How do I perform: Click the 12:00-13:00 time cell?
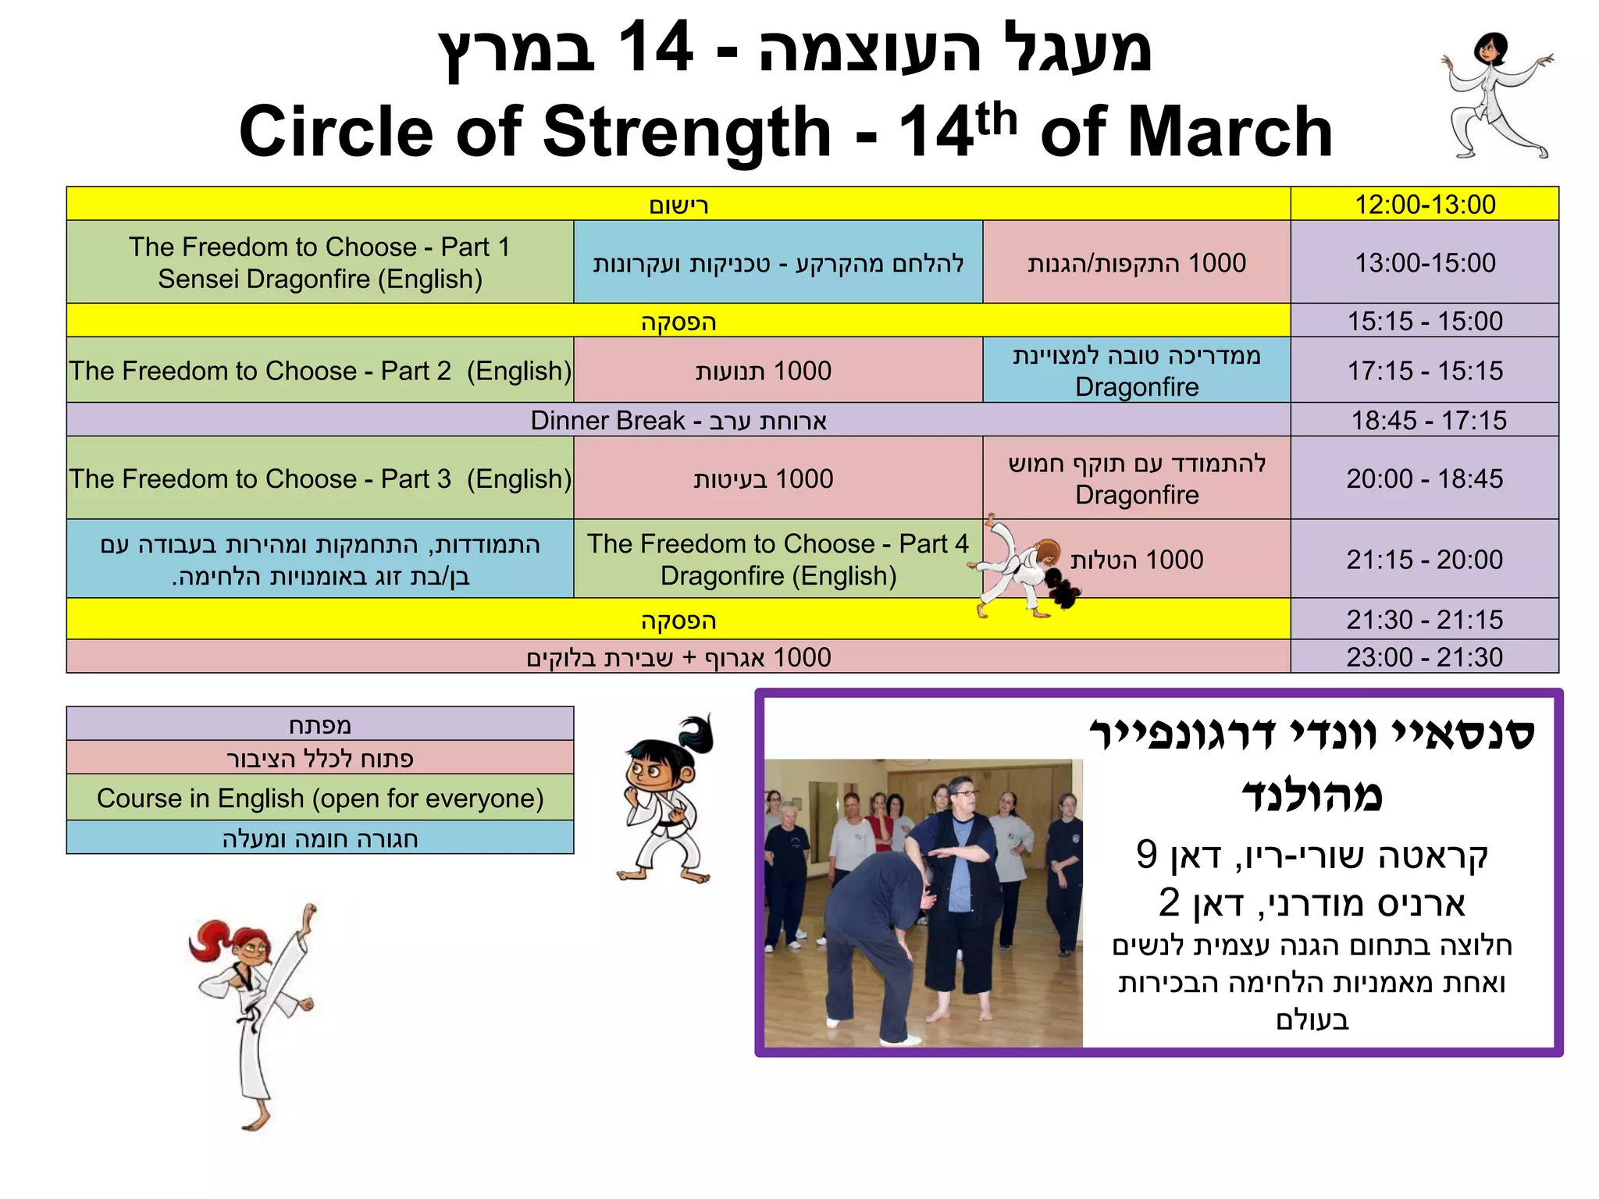pyautogui.click(x=1424, y=205)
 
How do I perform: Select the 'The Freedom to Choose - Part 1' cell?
pyautogui.click(x=320, y=262)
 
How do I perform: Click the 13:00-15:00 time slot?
pyautogui.click(x=1424, y=263)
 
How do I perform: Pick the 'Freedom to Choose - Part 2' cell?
pyautogui.click(x=320, y=371)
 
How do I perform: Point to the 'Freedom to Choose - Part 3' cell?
pyautogui.click(x=320, y=479)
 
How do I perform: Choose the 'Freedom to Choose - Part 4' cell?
pyautogui.click(x=778, y=559)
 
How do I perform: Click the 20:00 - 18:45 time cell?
pyautogui.click(x=1424, y=479)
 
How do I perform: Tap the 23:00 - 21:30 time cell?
pyautogui.click(x=1424, y=657)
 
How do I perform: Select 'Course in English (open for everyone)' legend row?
pyautogui.click(x=320, y=798)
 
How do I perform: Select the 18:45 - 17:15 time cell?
pyautogui.click(x=1424, y=421)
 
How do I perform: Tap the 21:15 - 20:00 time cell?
pyautogui.click(x=1424, y=560)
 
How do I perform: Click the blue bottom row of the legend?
pyautogui.click(x=320, y=838)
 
